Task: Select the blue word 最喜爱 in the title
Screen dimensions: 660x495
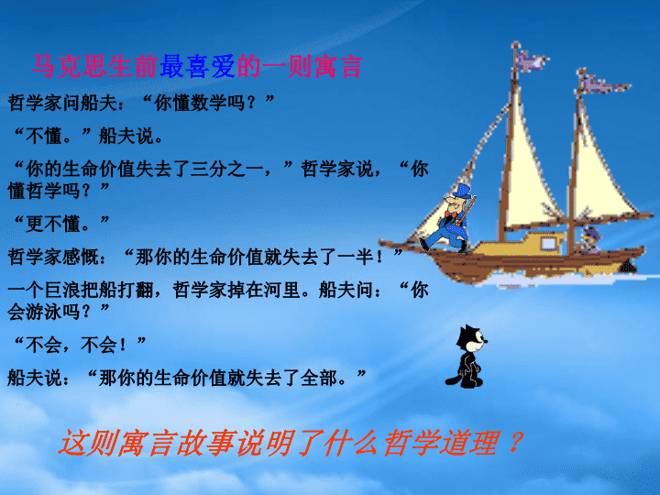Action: [197, 67]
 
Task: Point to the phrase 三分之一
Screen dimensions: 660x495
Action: [227, 169]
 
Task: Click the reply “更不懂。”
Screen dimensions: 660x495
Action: [61, 224]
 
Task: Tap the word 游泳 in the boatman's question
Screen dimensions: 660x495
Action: [44, 312]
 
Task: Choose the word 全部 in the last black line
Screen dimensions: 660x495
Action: [318, 378]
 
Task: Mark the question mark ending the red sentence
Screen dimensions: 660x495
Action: [515, 442]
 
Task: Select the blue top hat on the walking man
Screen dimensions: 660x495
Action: [462, 191]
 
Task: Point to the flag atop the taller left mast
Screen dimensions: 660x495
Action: [531, 60]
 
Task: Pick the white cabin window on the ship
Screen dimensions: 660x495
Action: [548, 244]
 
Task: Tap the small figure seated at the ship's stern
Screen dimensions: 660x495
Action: [590, 239]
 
